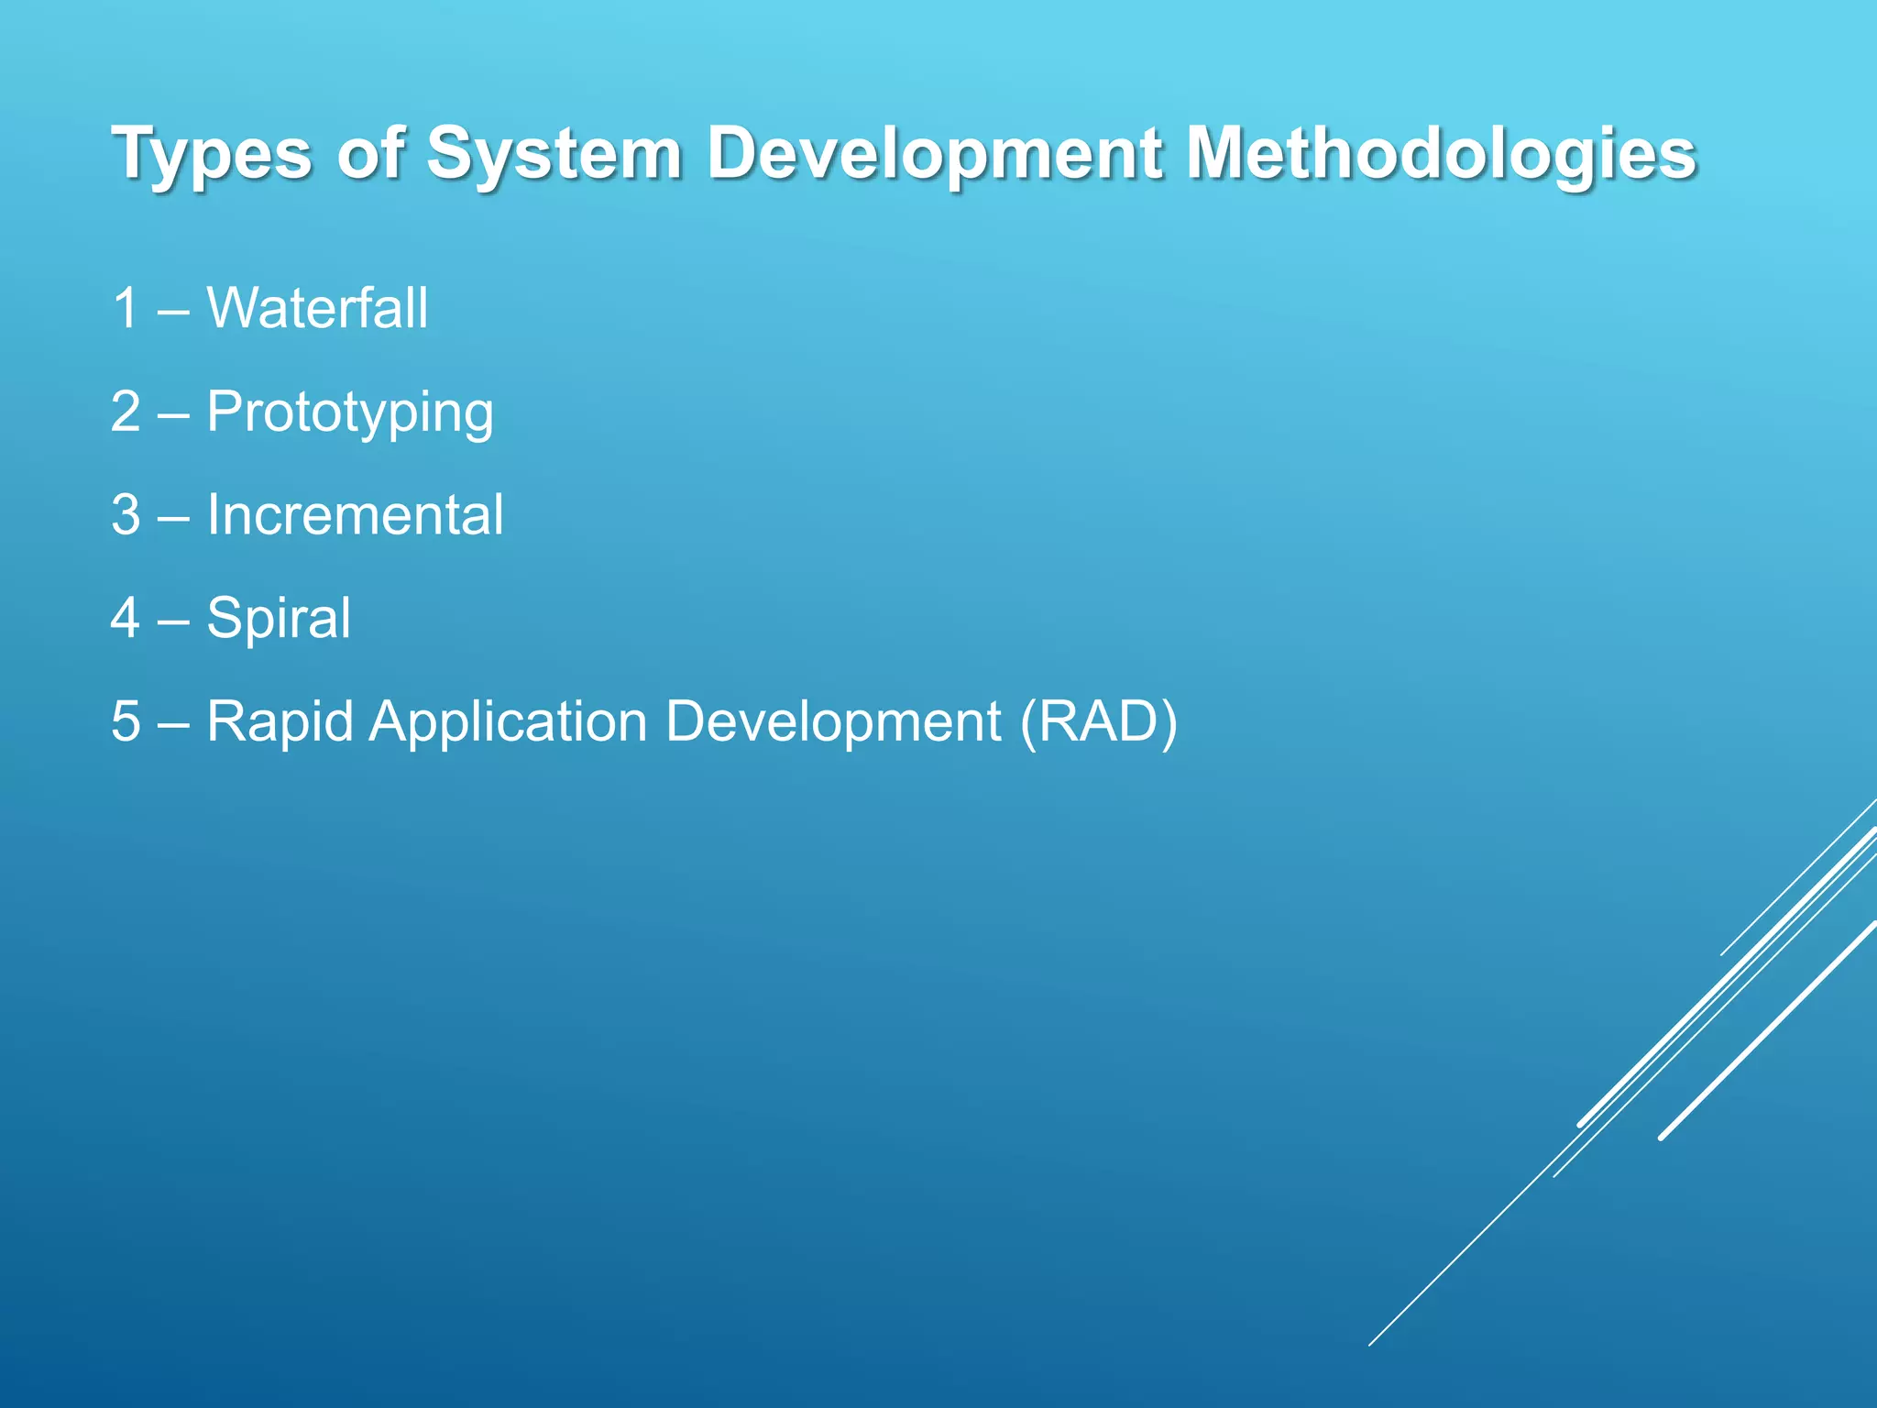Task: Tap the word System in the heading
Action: [554, 154]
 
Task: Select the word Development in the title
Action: [934, 154]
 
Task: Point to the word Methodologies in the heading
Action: [1441, 154]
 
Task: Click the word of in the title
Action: [370, 152]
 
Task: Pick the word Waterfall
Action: [317, 308]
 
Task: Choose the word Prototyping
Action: [350, 412]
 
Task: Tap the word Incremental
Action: [355, 514]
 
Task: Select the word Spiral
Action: [279, 619]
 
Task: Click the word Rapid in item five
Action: [280, 722]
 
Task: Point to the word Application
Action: [508, 722]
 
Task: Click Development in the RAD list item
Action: [833, 722]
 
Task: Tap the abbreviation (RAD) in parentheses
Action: [1099, 722]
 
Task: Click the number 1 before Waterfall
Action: [126, 308]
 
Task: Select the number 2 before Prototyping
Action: [126, 412]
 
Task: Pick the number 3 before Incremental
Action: [126, 515]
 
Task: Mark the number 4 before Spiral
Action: [126, 618]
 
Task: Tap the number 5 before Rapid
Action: [126, 721]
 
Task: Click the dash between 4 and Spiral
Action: [173, 621]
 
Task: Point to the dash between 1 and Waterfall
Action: [173, 312]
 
